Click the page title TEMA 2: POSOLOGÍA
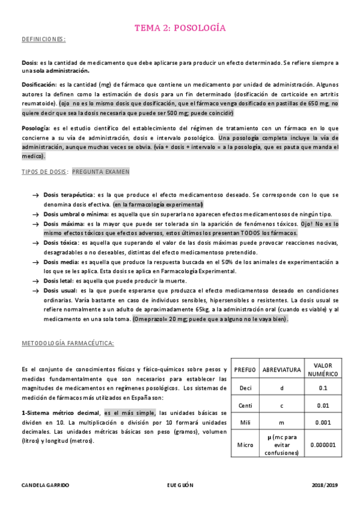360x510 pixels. tap(180, 28)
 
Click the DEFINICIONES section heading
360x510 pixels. tap(43, 39)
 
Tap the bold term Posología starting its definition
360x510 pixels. tap(35, 128)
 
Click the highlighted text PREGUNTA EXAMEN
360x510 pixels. tap(100, 171)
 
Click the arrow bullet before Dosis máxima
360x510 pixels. tap(35, 224)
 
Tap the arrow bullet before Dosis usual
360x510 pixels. tap(35, 290)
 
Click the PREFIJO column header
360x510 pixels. tap(245, 369)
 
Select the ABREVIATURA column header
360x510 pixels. tap(281, 369)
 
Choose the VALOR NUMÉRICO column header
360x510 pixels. tap(323, 369)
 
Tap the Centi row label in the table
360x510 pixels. tap(245, 405)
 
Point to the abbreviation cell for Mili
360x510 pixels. tap(281, 423)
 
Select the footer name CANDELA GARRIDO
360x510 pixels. tap(46, 484)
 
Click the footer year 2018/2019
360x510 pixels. tap(325, 484)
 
